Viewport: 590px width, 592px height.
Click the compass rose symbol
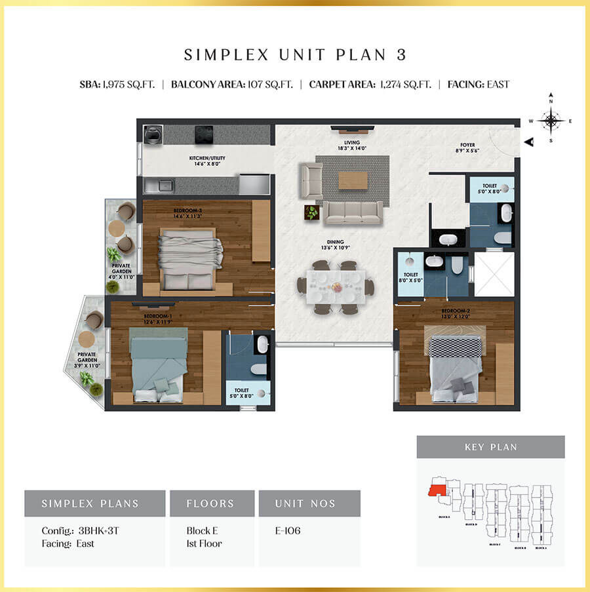coord(551,120)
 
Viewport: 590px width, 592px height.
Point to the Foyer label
coord(467,148)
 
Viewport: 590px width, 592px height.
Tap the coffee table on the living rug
coord(353,179)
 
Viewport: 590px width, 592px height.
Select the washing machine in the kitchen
coord(153,134)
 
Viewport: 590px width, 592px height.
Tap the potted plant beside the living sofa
coord(311,212)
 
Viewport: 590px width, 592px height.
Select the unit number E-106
coord(288,530)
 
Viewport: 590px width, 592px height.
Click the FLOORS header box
coord(211,503)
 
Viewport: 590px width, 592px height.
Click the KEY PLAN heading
coord(490,447)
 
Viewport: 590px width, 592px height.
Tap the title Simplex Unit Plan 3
coord(295,55)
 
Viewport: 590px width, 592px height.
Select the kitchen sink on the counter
coord(163,184)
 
